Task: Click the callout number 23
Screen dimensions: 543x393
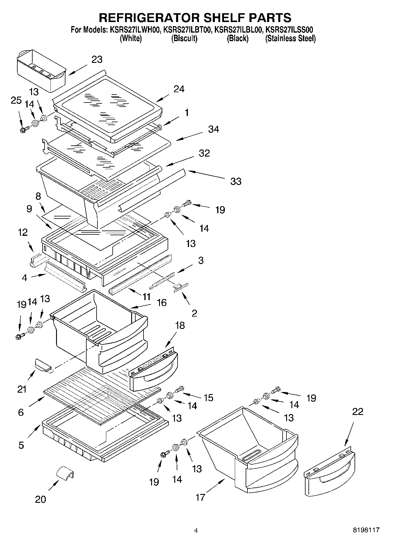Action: tap(97, 59)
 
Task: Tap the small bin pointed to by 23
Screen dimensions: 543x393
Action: tap(41, 70)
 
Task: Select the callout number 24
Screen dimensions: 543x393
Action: tap(178, 89)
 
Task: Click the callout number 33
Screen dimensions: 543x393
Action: tap(236, 181)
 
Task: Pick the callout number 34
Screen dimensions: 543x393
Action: tap(213, 129)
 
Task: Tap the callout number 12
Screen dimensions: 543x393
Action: tap(23, 232)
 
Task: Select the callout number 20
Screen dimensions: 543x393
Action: tap(41, 499)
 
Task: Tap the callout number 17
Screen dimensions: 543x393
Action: tap(200, 497)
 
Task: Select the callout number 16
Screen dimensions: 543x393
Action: tap(162, 302)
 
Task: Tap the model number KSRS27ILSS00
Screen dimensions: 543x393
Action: tap(291, 30)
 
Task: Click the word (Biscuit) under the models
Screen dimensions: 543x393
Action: tap(184, 38)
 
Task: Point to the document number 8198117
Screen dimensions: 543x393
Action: tap(366, 530)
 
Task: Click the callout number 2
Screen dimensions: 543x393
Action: tap(194, 313)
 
